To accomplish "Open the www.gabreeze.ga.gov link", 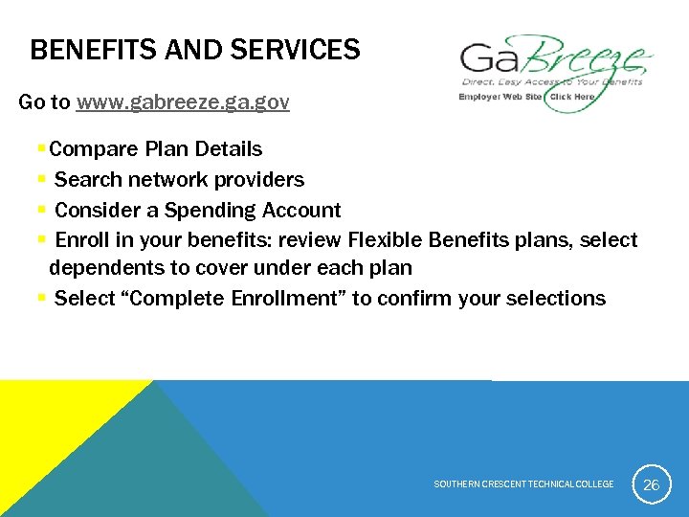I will (183, 101).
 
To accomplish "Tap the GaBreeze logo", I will (555, 61).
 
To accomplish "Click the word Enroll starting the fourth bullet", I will (81, 239).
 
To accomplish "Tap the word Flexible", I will (388, 239).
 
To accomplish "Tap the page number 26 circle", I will (651, 484).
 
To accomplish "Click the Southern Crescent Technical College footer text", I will (523, 484).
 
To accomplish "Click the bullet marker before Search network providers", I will (41, 180).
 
